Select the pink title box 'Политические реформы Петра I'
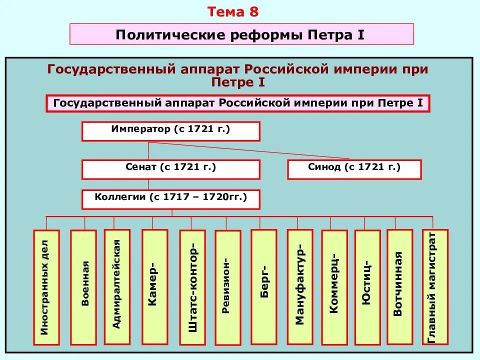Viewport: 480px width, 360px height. click(x=241, y=34)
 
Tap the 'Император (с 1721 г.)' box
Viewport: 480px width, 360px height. click(x=170, y=131)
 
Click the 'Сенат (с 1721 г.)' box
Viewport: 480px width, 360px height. click(x=170, y=169)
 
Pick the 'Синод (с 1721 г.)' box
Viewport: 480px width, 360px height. click(x=354, y=169)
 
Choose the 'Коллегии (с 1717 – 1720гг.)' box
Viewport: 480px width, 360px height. click(x=170, y=198)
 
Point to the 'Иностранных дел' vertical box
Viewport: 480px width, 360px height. click(x=46, y=287)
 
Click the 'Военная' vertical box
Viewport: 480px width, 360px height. click(x=83, y=287)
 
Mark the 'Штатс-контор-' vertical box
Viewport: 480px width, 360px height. click(x=192, y=287)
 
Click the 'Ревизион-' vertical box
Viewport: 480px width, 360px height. click(x=227, y=287)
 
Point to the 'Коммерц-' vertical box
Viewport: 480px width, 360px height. click(x=334, y=287)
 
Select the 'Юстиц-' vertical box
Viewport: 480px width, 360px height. click(x=367, y=287)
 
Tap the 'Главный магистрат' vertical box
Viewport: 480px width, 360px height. click(x=435, y=287)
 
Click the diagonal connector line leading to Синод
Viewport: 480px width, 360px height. click(x=250, y=151)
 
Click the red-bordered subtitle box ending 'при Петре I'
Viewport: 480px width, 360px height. click(x=238, y=103)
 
